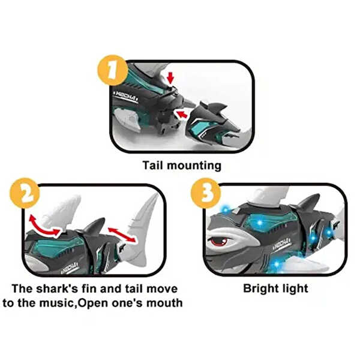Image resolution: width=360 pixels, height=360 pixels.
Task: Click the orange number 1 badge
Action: coord(112,70)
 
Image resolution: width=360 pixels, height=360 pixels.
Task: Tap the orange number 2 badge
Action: coord(25,193)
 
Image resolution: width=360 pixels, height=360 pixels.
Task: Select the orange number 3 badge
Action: coord(206,193)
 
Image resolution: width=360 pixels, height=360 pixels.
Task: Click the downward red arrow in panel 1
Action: coord(170,78)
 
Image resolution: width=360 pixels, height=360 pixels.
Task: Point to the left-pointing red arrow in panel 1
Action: coord(181,114)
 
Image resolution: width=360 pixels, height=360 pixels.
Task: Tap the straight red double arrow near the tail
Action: coord(122,235)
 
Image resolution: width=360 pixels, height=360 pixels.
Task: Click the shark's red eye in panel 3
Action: coord(219,241)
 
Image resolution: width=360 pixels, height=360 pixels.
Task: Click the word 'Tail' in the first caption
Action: coord(152,166)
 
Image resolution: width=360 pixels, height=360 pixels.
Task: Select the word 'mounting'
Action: coord(194,166)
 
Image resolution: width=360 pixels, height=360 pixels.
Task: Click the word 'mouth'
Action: coord(164,303)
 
